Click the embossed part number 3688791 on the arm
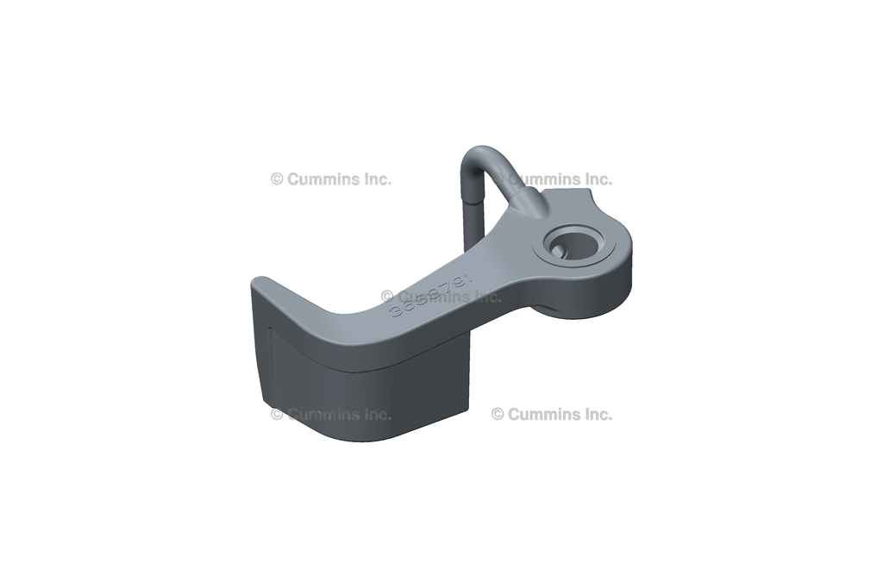429,296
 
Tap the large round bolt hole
573,244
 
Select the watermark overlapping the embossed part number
441,297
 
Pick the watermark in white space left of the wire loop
330,179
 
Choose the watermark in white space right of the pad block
552,414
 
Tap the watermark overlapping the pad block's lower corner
330,414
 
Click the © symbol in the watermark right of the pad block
498,414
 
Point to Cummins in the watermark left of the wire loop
320,179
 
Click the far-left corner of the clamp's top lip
255,283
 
